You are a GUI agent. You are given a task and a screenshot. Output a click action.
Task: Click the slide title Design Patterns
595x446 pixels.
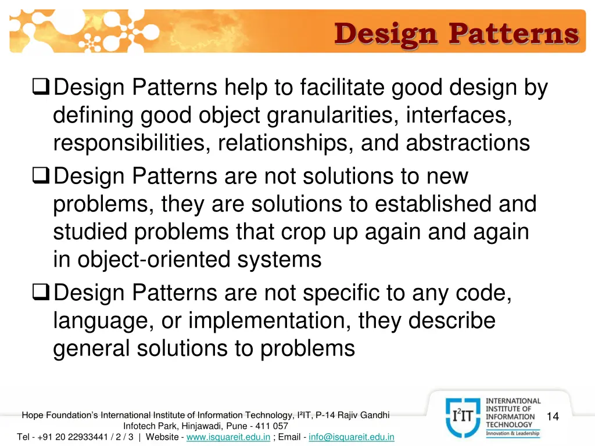[x=457, y=33]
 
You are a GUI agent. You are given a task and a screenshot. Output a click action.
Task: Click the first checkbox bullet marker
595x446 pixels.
[x=42, y=88]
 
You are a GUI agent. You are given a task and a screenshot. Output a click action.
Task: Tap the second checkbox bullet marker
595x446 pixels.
[x=42, y=176]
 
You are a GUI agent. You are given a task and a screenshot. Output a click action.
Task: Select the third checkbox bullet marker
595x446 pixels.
[x=42, y=292]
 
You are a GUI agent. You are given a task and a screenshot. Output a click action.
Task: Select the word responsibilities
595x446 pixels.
[x=132, y=143]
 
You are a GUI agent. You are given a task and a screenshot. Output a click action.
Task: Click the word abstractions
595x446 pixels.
[x=468, y=143]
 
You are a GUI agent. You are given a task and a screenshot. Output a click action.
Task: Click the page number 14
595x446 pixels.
[x=553, y=416]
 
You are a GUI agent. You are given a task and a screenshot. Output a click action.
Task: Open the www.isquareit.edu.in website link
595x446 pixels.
[x=228, y=437]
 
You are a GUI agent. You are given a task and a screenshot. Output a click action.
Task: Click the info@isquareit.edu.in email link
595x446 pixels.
[x=351, y=437]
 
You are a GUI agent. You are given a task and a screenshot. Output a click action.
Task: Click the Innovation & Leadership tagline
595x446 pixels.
[x=512, y=433]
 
